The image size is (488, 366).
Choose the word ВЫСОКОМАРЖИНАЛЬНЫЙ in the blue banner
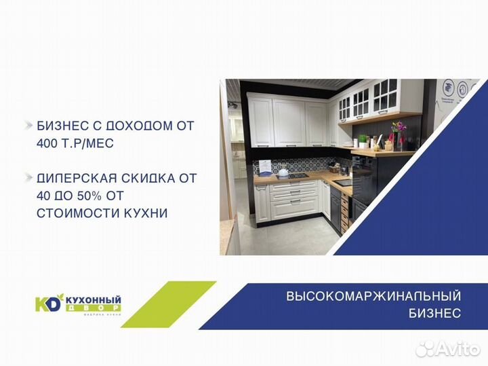(373, 296)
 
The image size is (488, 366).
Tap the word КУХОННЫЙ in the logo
(94, 299)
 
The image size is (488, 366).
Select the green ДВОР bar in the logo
(93, 308)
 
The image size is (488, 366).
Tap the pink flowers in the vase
(398, 127)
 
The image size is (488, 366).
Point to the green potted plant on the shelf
(363, 140)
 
